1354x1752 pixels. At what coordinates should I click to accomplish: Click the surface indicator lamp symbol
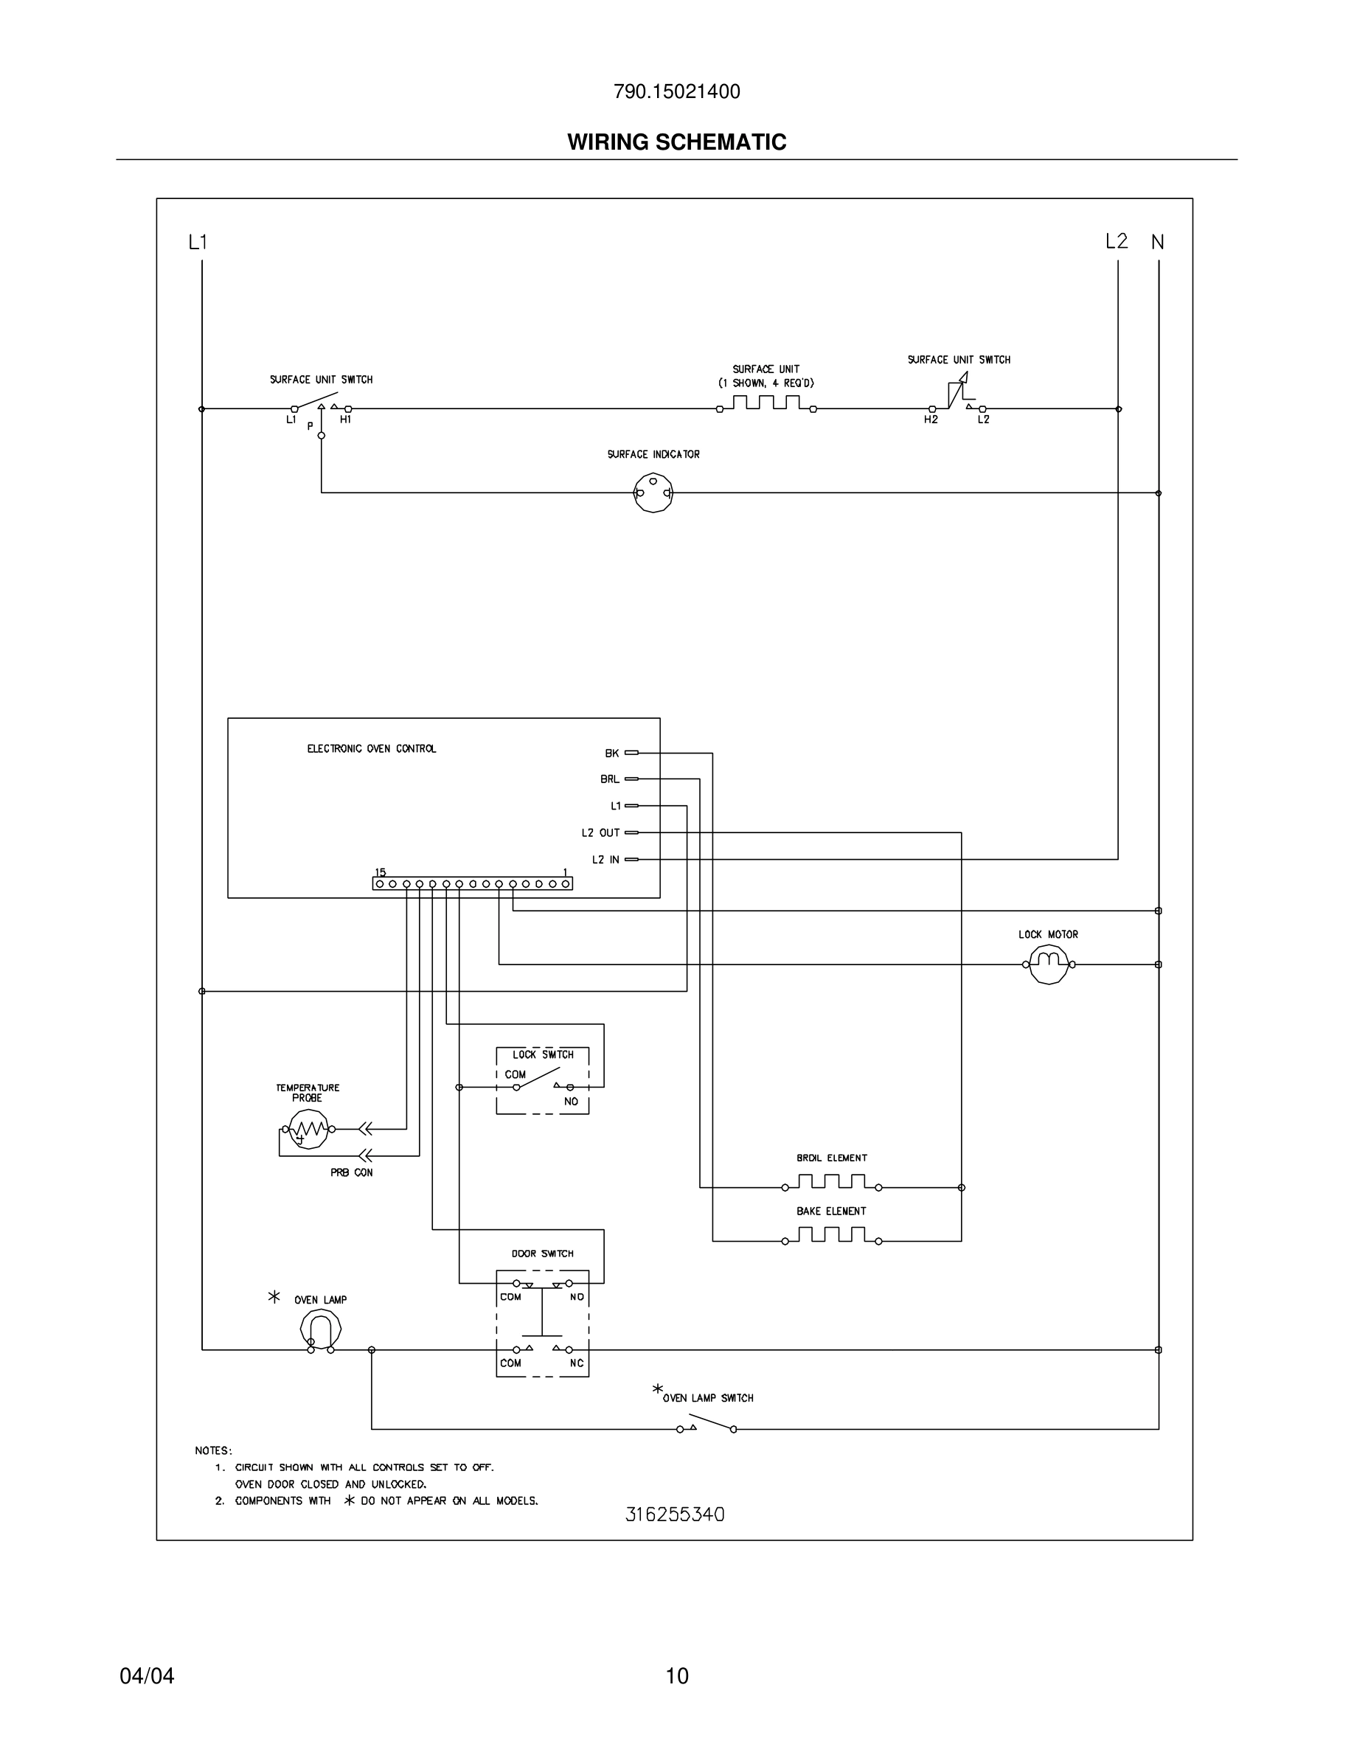click(653, 493)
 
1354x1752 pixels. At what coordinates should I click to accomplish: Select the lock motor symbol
click(1049, 964)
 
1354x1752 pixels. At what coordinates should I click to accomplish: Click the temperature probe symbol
click(308, 1129)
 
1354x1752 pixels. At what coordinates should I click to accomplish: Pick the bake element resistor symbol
click(831, 1235)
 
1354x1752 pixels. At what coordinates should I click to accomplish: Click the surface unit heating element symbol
click(766, 403)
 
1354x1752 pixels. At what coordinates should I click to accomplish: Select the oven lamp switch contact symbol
click(706, 1425)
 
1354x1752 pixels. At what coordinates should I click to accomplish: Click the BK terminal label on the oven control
click(612, 754)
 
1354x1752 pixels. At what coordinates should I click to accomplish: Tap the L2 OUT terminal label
click(601, 832)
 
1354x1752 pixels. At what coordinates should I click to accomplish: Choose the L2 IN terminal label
click(605, 860)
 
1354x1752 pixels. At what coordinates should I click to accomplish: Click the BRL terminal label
click(610, 779)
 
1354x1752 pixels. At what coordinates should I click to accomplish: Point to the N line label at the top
click(1158, 241)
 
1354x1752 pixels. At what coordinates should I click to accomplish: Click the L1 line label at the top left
click(198, 241)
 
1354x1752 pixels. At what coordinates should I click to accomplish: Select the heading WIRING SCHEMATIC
click(676, 142)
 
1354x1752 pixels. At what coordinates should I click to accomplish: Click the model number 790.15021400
click(676, 91)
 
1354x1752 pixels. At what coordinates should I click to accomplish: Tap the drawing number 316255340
click(675, 1515)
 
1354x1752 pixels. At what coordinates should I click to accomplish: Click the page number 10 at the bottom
click(677, 1676)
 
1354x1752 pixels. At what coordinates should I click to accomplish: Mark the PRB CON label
click(351, 1173)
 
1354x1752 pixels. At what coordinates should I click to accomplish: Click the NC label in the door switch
click(577, 1363)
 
